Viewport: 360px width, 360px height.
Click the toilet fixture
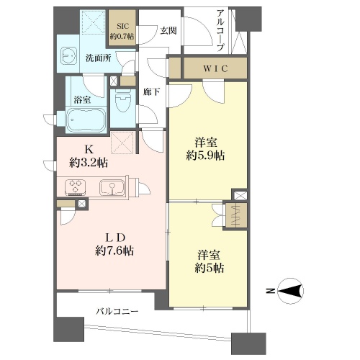[123, 101]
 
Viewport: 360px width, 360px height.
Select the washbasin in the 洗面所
[68, 55]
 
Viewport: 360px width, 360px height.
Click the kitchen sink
[112, 187]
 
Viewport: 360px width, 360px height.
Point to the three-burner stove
[76, 186]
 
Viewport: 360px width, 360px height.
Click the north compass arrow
[290, 291]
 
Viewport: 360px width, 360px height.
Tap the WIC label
[215, 68]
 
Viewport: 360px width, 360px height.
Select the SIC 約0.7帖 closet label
[122, 31]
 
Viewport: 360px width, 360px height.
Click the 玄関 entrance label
[168, 30]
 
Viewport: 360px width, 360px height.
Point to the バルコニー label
[117, 312]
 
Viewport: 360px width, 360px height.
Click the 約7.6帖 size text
[114, 251]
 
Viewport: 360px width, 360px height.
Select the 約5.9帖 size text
[205, 156]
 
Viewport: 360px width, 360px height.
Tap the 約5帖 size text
[210, 268]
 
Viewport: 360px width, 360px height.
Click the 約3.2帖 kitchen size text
[89, 163]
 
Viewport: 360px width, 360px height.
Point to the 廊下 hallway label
[152, 92]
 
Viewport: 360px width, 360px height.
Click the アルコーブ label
[220, 30]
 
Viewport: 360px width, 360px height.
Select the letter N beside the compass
[271, 291]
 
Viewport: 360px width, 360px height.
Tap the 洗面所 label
[99, 58]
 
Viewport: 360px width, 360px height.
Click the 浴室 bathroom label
[82, 99]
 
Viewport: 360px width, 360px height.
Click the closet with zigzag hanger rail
[235, 215]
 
